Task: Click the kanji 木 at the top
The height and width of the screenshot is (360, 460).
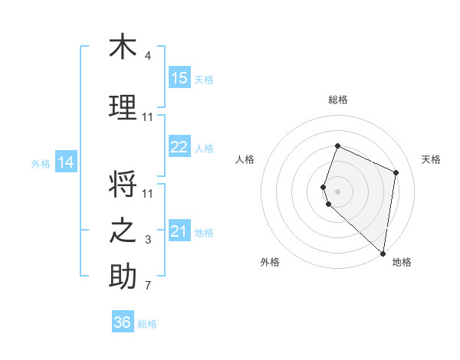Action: tap(123, 47)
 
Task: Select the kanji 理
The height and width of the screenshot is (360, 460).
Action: tap(123, 107)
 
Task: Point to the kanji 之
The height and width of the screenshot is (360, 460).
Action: tap(123, 231)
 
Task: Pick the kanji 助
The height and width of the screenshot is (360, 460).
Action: tap(123, 277)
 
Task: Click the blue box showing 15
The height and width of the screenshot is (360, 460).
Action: tap(179, 78)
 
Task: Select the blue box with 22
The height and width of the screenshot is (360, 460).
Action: tap(179, 147)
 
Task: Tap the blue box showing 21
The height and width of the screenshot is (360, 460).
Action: tap(179, 231)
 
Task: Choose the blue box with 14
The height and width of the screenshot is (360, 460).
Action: tap(66, 162)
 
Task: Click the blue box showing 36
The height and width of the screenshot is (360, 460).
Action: tap(123, 322)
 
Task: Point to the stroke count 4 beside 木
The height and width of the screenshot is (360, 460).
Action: tap(148, 56)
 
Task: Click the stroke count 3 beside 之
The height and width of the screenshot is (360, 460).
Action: tap(148, 240)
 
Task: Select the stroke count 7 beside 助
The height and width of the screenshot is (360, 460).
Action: tap(148, 286)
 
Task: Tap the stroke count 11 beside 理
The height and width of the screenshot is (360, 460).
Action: tap(148, 117)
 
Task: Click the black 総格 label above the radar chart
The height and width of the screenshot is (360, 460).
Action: tap(338, 100)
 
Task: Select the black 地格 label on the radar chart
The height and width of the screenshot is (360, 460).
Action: tap(402, 262)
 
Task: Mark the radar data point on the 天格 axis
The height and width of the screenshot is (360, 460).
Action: tap(396, 172)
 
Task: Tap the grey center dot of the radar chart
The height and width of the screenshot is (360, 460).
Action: tap(338, 190)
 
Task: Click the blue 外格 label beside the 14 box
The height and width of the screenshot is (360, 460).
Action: tap(41, 163)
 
